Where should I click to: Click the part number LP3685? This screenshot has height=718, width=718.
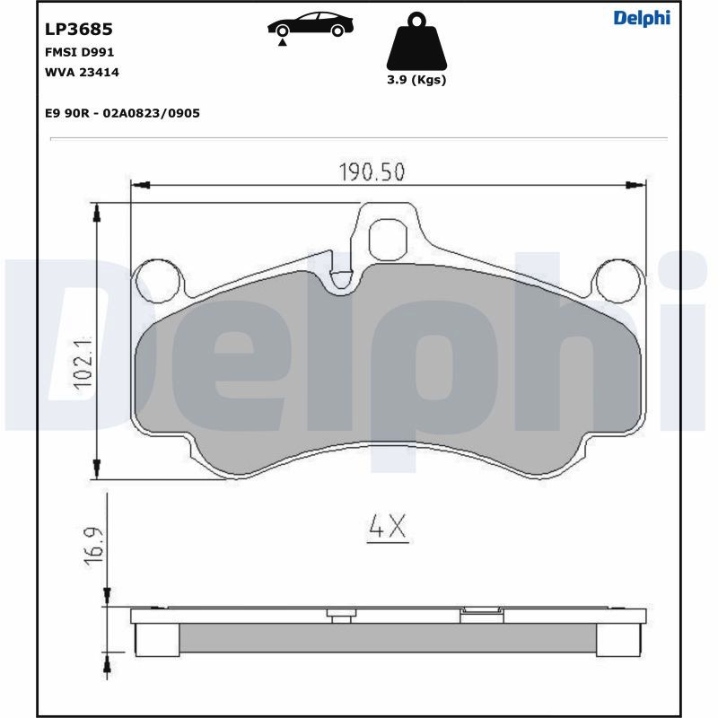(78, 30)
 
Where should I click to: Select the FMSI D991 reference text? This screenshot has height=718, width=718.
(79, 52)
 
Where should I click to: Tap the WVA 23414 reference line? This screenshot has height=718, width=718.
(82, 73)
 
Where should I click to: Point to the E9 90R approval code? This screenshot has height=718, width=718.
(122, 113)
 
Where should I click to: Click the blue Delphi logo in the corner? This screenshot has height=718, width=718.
(642, 18)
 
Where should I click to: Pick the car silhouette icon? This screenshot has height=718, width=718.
(311, 24)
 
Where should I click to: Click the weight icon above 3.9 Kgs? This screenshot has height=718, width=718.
(416, 41)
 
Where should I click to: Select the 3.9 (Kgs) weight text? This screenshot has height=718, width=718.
(416, 80)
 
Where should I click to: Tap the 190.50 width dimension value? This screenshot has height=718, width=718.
(372, 171)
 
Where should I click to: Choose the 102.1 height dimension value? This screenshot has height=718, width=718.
(83, 363)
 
